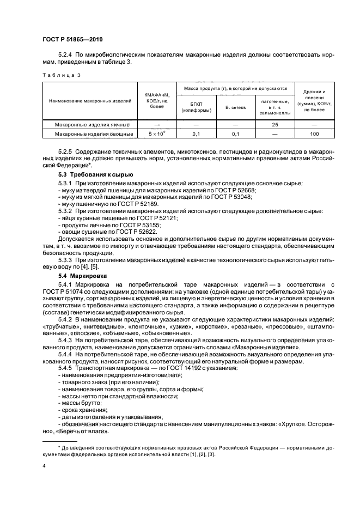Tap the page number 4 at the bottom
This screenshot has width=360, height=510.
pyautogui.click(x=44, y=466)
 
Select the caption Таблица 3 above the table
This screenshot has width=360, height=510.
pyautogui.click(x=61, y=75)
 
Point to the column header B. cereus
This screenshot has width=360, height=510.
pyautogui.click(x=235, y=107)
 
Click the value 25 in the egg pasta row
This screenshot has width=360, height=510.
pyautogui.click(x=275, y=124)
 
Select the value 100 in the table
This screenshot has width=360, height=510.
pyautogui.click(x=314, y=133)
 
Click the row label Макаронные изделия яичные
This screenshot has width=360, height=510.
pyautogui.click(x=90, y=124)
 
